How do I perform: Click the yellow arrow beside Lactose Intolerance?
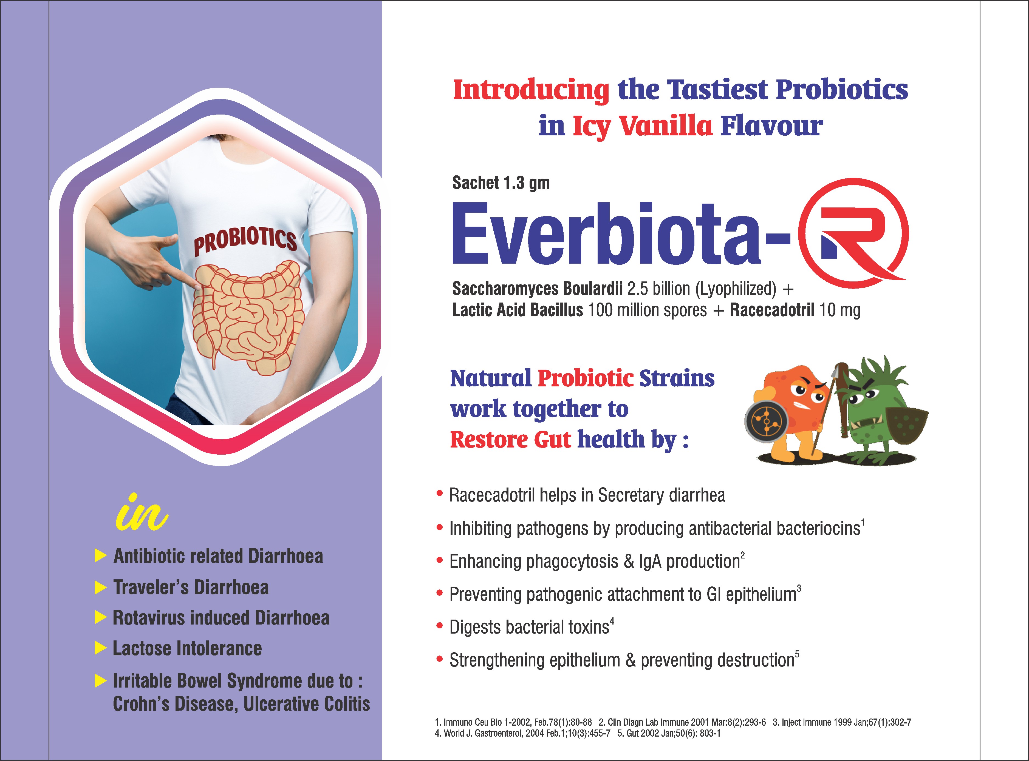click(100, 648)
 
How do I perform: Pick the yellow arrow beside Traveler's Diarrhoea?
click(100, 587)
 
